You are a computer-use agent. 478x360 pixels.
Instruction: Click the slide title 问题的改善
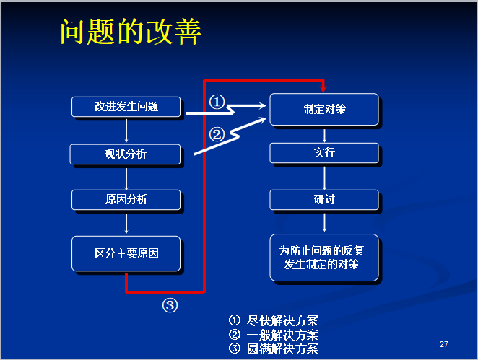click(x=131, y=32)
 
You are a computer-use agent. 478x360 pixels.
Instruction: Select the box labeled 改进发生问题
click(x=126, y=107)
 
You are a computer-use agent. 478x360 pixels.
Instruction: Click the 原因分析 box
click(x=126, y=199)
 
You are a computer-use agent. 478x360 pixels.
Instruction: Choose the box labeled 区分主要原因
click(x=126, y=254)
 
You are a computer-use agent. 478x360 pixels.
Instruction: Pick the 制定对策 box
click(x=324, y=110)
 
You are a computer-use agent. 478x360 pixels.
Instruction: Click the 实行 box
click(x=324, y=153)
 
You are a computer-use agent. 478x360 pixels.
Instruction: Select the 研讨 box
click(x=324, y=199)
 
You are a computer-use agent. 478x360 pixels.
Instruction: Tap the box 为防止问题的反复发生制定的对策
click(x=324, y=258)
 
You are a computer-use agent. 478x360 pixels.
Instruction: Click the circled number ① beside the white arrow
click(x=217, y=102)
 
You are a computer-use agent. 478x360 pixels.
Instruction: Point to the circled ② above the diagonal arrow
click(x=217, y=133)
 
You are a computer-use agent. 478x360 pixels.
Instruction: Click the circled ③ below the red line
click(x=169, y=305)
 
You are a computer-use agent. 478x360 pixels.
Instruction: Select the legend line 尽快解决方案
click(x=274, y=320)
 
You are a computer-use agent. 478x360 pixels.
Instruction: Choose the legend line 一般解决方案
click(x=274, y=335)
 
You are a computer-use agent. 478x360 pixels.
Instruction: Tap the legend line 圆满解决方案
click(x=274, y=349)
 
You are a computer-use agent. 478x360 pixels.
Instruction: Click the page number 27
click(x=444, y=343)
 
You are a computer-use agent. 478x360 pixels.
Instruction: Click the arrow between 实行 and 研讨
click(x=324, y=177)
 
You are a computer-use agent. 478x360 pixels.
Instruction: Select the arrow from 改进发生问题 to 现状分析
click(x=126, y=130)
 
